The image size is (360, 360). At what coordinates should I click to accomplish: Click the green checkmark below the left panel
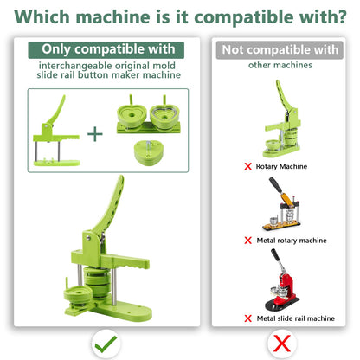pos(106,344)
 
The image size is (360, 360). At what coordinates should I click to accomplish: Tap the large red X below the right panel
pos(282,344)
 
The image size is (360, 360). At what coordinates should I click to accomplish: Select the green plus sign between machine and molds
pos(95,134)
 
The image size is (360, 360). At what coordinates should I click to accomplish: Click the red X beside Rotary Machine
pos(247,166)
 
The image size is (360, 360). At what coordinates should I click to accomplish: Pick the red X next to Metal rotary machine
pos(247,241)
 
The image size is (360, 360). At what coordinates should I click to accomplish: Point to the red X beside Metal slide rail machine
pos(247,318)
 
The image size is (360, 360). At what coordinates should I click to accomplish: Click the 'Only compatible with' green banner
pos(106,50)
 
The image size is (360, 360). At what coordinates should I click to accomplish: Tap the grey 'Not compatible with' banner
pos(280,50)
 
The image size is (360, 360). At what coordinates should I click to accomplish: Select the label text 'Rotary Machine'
pos(281,166)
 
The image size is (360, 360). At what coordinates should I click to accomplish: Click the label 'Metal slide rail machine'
pos(296,318)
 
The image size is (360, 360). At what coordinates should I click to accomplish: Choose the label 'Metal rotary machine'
pos(292,241)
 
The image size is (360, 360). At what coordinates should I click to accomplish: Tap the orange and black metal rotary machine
pos(282,204)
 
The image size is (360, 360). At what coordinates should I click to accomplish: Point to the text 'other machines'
pos(280,65)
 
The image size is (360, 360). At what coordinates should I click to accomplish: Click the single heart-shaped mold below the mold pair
pos(149,152)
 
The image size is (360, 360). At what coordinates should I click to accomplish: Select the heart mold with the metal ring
pos(164,115)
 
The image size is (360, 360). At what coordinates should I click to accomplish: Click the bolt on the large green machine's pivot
pos(88,238)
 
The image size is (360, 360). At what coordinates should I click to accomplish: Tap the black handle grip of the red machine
pos(276,256)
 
